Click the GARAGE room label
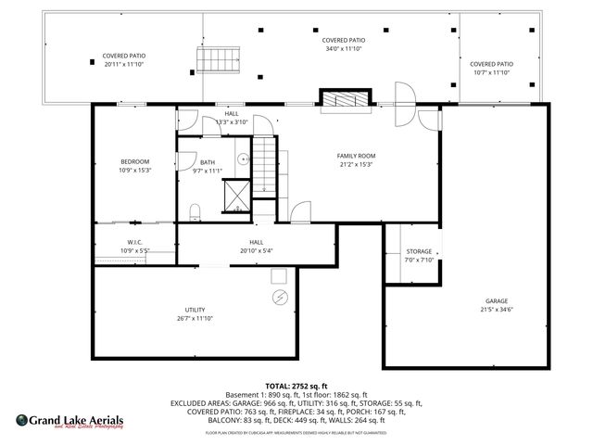pyautogui.click(x=496, y=301)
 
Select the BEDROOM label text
pyautogui.click(x=134, y=162)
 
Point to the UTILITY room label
pyautogui.click(x=195, y=310)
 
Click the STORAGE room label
pyautogui.click(x=419, y=252)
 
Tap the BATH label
pyautogui.click(x=208, y=162)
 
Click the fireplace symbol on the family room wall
pyautogui.click(x=346, y=100)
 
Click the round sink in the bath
pyautogui.click(x=245, y=159)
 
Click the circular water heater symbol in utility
pyautogui.click(x=281, y=297)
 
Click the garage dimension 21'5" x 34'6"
pyautogui.click(x=496, y=310)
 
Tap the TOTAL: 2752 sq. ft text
pyautogui.click(x=296, y=386)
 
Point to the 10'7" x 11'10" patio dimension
pyautogui.click(x=491, y=72)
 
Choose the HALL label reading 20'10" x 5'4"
pyautogui.click(x=256, y=250)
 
